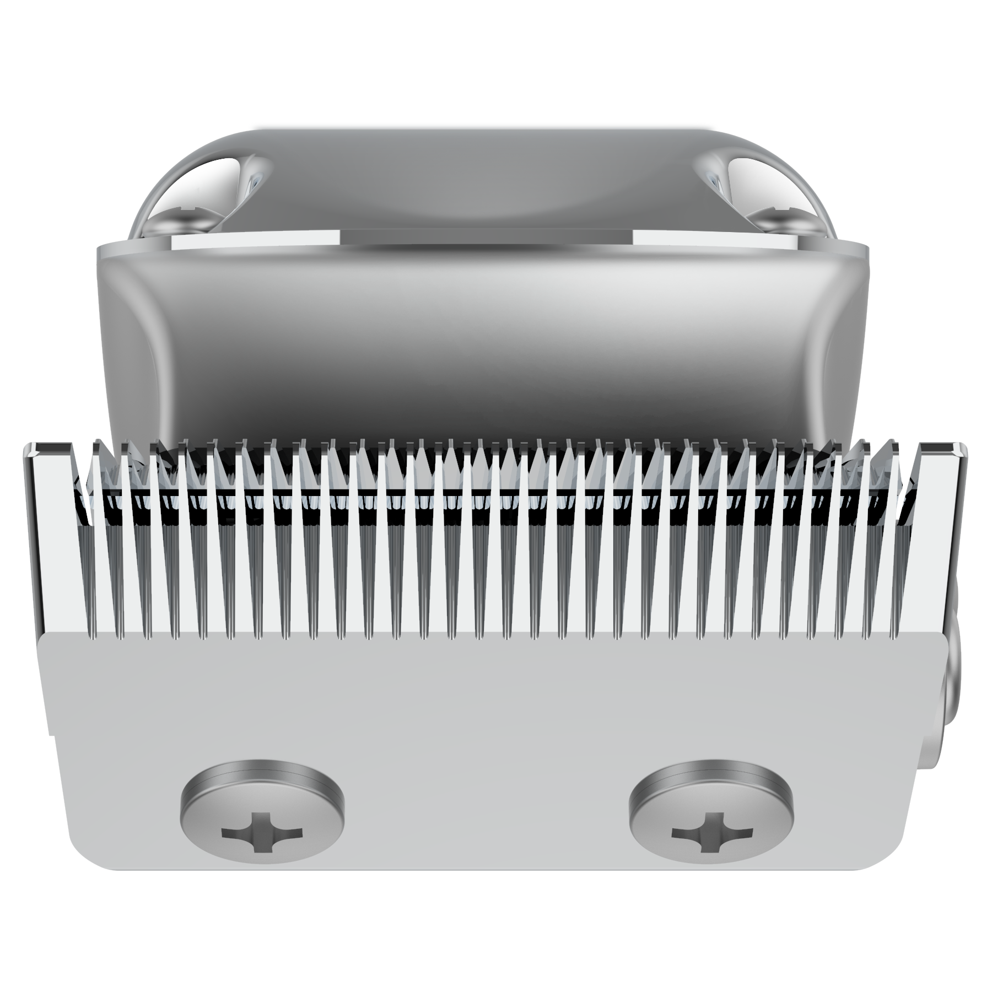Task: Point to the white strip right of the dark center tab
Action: pos(716,239)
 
